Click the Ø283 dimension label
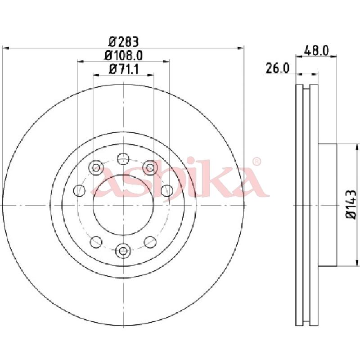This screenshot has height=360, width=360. pyautogui.click(x=123, y=41)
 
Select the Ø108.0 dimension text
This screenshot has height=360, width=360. pyautogui.click(x=123, y=55)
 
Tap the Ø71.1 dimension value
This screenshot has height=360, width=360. pyautogui.click(x=123, y=69)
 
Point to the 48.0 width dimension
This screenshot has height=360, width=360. pyautogui.click(x=316, y=50)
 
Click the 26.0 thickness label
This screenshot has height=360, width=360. pyautogui.click(x=277, y=68)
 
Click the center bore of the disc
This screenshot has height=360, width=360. pyautogui.click(x=123, y=205)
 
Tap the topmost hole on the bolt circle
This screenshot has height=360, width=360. pyautogui.click(x=123, y=159)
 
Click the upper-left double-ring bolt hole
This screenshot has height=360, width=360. pyautogui.click(x=96, y=167)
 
